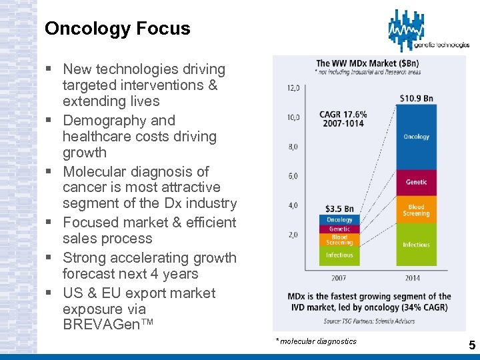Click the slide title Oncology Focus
coord(117,29)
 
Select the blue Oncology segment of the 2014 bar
coord(416,137)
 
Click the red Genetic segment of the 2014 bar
coord(416,182)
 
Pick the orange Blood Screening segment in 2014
coord(416,210)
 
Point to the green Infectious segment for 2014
coord(416,245)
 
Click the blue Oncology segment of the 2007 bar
coord(339,220)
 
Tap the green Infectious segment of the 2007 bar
coord(339,255)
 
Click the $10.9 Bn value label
coord(417,98)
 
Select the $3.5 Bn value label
coord(339,209)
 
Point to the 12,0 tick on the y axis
coord(293,88)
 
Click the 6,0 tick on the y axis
coord(293,176)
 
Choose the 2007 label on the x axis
coord(339,277)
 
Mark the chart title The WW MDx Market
coord(367,63)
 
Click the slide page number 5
coord(472,345)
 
